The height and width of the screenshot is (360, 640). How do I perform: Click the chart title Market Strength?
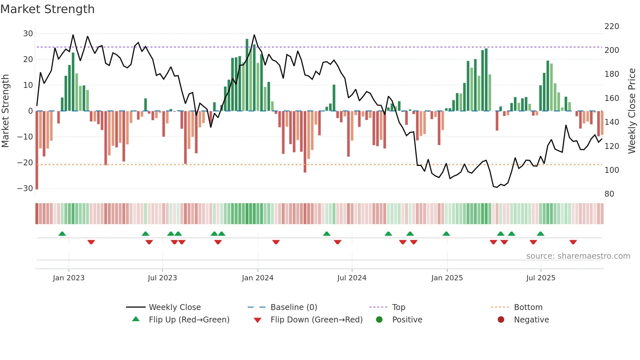click(x=47, y=9)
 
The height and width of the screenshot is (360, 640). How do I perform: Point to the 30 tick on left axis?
click(x=28, y=34)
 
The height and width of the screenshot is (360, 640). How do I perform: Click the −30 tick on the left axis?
click(x=25, y=188)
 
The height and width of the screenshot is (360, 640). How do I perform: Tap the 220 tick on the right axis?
click(x=611, y=26)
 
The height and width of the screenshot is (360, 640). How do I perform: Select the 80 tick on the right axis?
click(x=609, y=194)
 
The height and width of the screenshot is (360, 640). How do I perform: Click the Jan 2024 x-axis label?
click(x=257, y=278)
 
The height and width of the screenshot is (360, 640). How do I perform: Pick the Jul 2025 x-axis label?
click(x=540, y=278)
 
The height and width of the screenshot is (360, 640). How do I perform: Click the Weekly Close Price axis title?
click(x=632, y=111)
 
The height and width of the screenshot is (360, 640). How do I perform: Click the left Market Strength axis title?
click(x=5, y=111)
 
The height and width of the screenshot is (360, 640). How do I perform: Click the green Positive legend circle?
click(x=379, y=320)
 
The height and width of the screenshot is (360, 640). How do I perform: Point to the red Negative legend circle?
click(x=501, y=320)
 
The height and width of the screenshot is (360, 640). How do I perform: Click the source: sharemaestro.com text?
click(x=578, y=256)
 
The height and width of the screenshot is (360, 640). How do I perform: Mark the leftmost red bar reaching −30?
click(x=37, y=150)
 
